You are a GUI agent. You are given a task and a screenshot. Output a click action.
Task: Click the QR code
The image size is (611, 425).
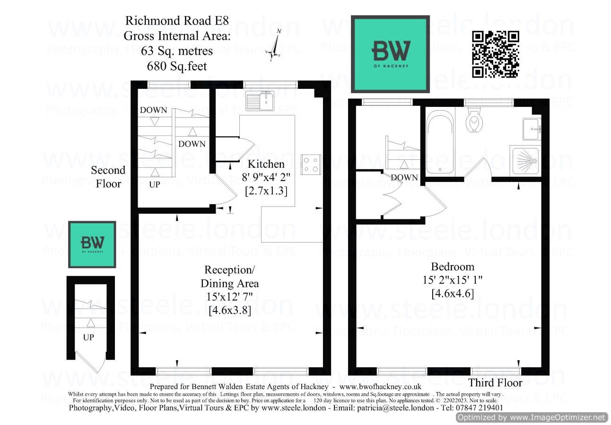coord(496,54)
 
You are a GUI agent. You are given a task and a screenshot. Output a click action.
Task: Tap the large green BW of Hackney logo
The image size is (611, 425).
coord(391,53)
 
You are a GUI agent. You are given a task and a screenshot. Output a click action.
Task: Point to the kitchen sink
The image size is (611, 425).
coord(260,100)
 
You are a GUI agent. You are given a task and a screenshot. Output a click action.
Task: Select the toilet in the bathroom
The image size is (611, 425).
coord(473,121)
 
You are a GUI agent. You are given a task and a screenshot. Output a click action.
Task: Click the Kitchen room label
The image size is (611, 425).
coord(267,165)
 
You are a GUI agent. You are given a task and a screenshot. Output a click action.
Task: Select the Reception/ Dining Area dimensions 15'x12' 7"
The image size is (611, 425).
coord(229,297)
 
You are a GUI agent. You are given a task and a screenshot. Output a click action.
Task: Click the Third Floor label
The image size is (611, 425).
coord(495,383)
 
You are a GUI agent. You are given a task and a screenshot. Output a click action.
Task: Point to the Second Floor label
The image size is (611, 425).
coord(108,177)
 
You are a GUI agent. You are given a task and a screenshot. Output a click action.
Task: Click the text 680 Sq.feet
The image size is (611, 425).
coord(176,66)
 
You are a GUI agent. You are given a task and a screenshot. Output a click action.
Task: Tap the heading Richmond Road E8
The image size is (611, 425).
coord(176,21)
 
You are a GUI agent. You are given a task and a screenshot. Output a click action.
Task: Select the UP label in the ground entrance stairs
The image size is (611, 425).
coord(88,338)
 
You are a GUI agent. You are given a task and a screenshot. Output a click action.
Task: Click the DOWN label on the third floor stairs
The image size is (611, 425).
coord(405,178)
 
